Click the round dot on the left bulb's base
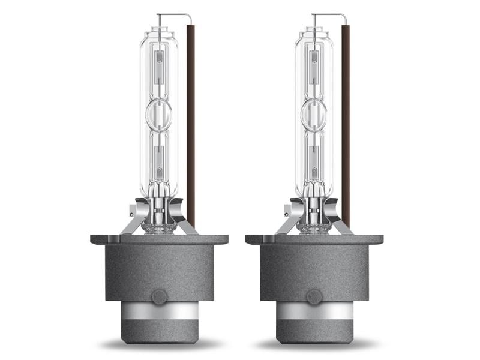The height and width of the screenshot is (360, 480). click(159, 296)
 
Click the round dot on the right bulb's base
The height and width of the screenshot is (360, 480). click(314, 296)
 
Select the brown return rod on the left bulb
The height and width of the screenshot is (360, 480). click(191, 120)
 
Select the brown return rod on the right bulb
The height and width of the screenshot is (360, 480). click(346, 120)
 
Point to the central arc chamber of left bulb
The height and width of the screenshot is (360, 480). click(158, 115)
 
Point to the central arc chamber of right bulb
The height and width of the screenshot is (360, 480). click(313, 115)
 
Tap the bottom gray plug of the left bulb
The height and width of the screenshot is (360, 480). click(159, 334)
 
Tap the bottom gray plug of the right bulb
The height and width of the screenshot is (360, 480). click(314, 334)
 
